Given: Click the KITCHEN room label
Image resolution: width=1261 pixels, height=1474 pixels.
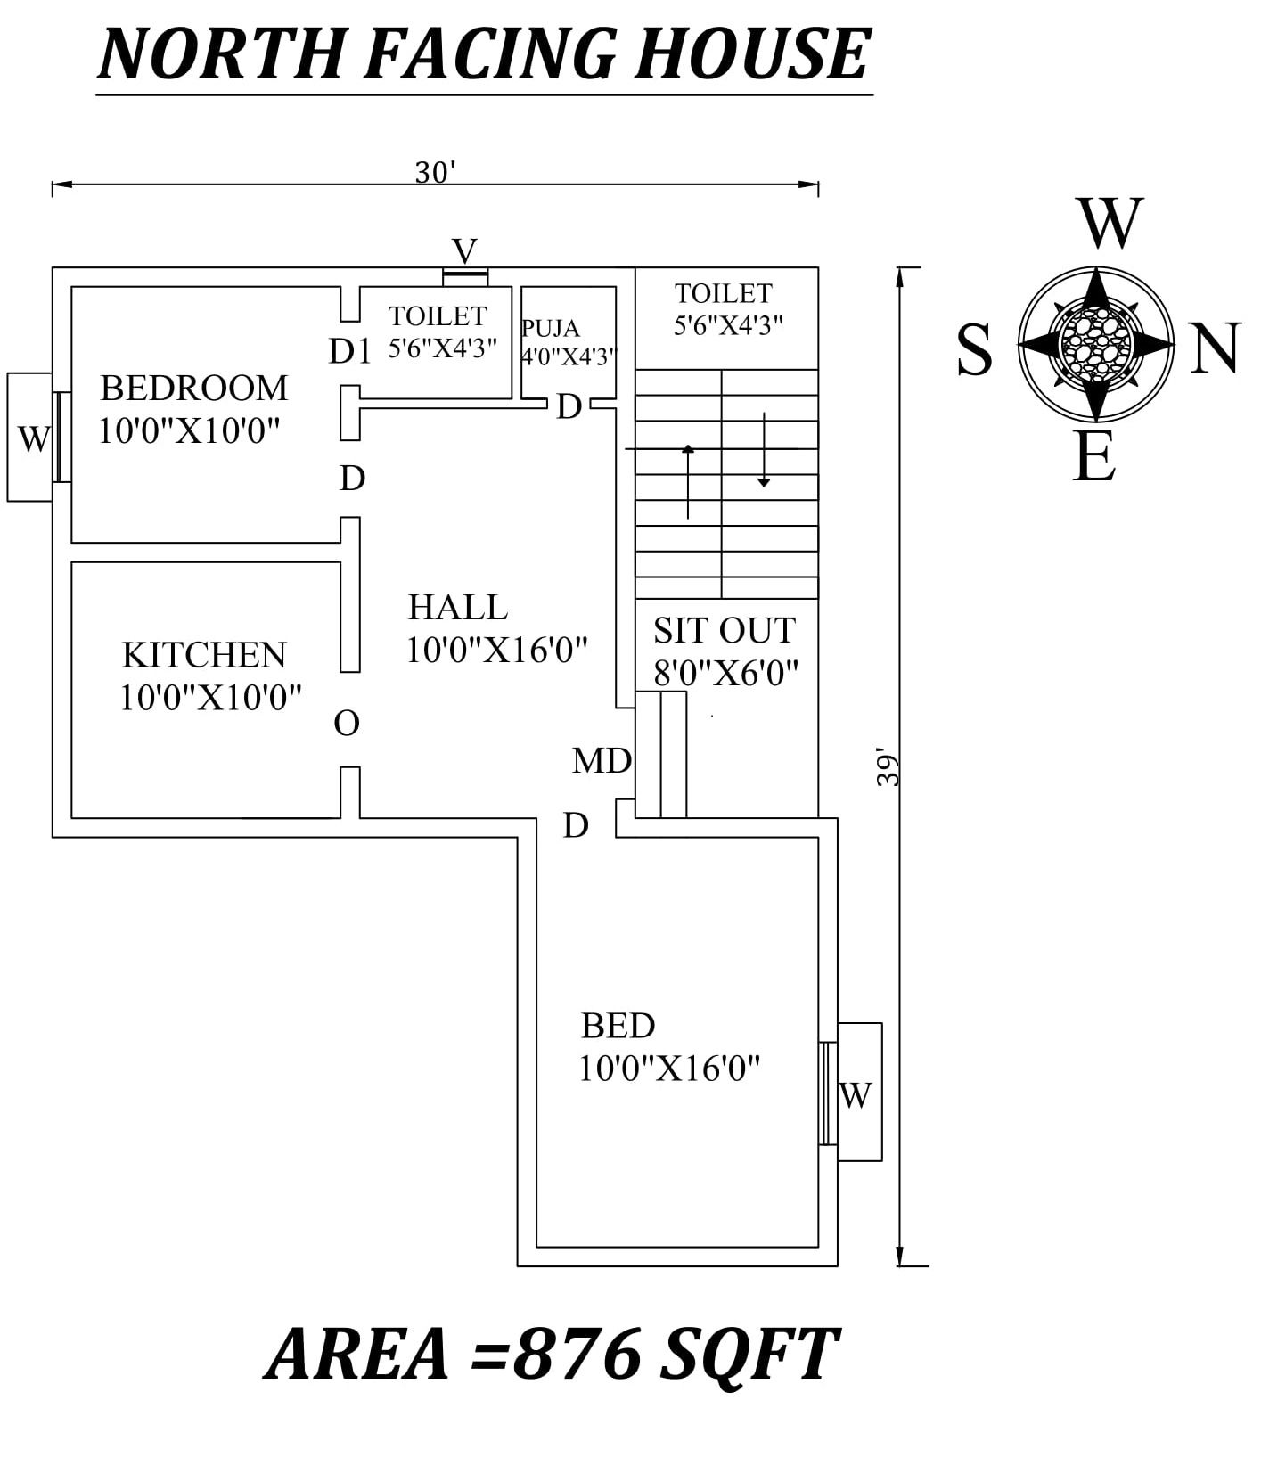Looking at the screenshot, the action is click(204, 655).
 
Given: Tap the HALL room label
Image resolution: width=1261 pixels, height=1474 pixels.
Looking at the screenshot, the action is click(457, 608).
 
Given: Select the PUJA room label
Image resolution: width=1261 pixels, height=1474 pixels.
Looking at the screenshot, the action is click(550, 329).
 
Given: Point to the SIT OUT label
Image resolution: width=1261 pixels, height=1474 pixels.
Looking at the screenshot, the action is click(724, 631).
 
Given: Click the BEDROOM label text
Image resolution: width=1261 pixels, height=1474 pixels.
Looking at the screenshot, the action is click(193, 389).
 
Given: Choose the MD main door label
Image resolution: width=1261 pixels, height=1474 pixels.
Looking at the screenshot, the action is click(602, 761).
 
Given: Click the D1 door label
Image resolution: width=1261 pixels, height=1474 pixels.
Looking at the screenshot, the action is click(349, 352).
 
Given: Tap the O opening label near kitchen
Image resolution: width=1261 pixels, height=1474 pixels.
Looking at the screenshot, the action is click(347, 723).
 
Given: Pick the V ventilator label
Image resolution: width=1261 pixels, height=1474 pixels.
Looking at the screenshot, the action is click(464, 250).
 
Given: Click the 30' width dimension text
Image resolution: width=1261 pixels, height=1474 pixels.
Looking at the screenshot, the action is click(436, 172).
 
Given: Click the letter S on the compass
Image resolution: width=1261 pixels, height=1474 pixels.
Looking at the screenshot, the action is click(974, 350).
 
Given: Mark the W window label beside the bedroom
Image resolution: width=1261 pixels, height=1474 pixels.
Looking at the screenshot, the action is click(34, 438).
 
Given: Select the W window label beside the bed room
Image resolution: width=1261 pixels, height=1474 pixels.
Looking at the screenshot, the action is click(855, 1095).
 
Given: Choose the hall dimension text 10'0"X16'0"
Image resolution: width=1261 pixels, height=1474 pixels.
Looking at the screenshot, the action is click(496, 651).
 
